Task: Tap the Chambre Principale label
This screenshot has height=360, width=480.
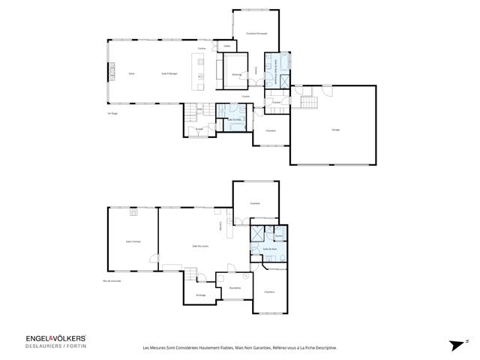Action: coord(256,34)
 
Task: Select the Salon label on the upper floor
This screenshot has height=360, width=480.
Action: coord(131,73)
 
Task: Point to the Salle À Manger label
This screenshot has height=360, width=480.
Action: coord(169,73)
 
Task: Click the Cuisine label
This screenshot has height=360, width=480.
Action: coord(202,49)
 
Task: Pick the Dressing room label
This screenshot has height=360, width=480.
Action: coord(235,74)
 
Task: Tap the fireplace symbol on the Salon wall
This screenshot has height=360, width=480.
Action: coord(113,71)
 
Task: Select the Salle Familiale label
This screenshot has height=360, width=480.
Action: coord(133,241)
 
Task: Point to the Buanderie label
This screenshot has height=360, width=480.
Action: coord(234,288)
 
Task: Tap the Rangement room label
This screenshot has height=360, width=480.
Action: coord(201,295)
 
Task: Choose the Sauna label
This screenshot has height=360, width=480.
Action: coord(278,235)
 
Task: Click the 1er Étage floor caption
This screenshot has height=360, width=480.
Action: coord(113,113)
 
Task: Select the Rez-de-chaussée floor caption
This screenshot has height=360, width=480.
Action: coord(112,280)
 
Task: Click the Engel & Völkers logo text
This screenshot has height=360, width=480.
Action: coord(45,338)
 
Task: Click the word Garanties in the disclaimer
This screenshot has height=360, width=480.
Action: coord(266,347)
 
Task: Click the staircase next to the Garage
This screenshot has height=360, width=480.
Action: coord(307,101)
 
